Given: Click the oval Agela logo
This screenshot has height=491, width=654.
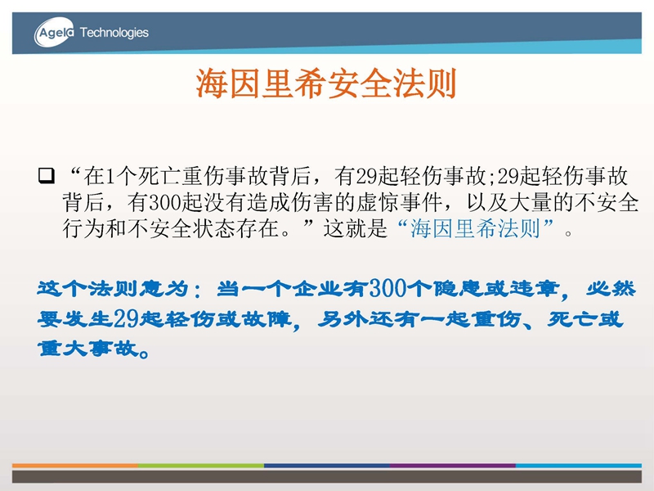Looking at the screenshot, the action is click(x=54, y=32).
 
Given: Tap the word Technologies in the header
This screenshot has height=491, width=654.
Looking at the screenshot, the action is click(x=114, y=33).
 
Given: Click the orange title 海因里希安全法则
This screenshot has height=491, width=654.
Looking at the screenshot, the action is click(x=326, y=83).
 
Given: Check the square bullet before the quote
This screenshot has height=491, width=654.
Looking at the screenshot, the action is click(x=47, y=176).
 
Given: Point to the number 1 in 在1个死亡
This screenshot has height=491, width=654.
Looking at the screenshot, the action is click(x=110, y=176).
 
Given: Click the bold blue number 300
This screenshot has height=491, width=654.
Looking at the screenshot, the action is click(x=387, y=288).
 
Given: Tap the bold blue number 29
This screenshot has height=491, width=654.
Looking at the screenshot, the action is click(x=126, y=319).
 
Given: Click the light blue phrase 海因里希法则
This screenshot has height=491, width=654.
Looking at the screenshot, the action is click(x=475, y=228).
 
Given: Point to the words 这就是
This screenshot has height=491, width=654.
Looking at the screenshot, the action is click(x=356, y=228).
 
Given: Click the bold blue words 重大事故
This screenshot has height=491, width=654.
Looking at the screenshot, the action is click(x=88, y=349).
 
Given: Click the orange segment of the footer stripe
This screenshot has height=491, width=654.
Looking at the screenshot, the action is click(x=75, y=465).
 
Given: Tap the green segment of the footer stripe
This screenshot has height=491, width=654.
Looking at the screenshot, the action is click(x=201, y=465).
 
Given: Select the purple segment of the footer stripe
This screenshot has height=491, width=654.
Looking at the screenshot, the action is click(x=453, y=465).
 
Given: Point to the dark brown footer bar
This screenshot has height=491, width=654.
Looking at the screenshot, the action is click(x=327, y=477).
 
